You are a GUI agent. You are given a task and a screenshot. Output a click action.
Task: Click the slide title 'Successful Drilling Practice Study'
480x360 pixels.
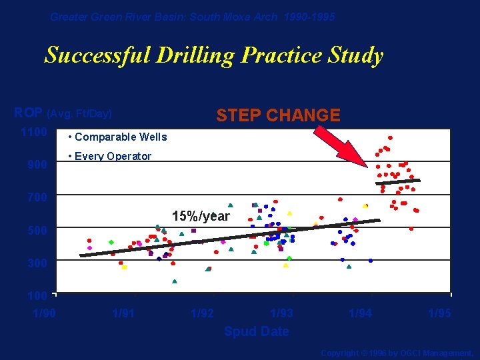213,55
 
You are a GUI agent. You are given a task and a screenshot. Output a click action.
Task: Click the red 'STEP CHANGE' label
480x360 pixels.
278,115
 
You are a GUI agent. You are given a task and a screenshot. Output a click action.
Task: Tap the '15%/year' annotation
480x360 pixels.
201,217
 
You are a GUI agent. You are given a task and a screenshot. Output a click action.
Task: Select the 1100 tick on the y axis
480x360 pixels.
33,132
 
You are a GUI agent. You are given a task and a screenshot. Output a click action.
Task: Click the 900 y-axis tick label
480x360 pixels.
37,165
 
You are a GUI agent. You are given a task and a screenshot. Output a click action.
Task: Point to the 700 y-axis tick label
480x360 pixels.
37,197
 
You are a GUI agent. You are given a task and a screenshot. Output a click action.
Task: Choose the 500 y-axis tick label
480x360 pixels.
37,231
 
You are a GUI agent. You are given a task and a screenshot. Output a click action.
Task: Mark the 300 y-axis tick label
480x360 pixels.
37,263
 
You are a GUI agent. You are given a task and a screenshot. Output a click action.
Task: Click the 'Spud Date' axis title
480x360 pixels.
257,331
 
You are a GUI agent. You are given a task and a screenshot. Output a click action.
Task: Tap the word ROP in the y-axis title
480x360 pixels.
29,113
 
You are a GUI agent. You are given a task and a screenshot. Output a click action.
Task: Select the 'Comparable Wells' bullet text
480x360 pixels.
121,137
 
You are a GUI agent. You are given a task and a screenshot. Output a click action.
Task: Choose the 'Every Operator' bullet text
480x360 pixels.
113,157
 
